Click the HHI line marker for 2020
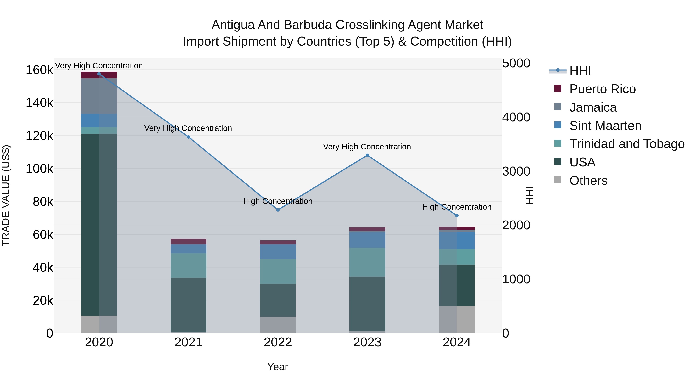point(99,74)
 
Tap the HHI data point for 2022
point(278,210)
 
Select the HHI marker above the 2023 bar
point(367,155)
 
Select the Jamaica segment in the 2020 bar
point(99,96)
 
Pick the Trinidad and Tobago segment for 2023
point(367,262)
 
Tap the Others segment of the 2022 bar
point(278,325)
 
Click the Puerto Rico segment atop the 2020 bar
point(99,75)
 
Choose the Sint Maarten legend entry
point(605,126)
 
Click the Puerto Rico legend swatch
point(558,88)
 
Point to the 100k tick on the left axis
point(39,169)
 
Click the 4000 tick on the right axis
point(516,117)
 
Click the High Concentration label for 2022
point(278,201)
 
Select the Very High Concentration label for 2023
point(367,147)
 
